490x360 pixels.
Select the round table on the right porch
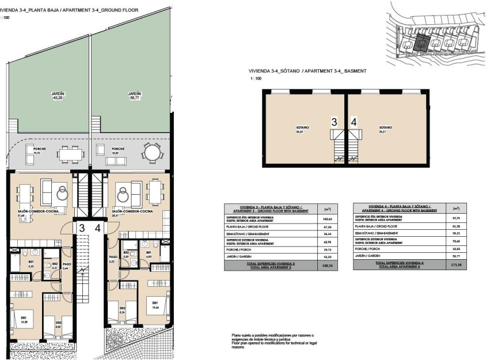[x=152, y=153]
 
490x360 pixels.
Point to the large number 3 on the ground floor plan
[x=82, y=228]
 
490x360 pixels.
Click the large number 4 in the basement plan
[x=354, y=122]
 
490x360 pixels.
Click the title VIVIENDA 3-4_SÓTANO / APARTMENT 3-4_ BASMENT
[x=303, y=71]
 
